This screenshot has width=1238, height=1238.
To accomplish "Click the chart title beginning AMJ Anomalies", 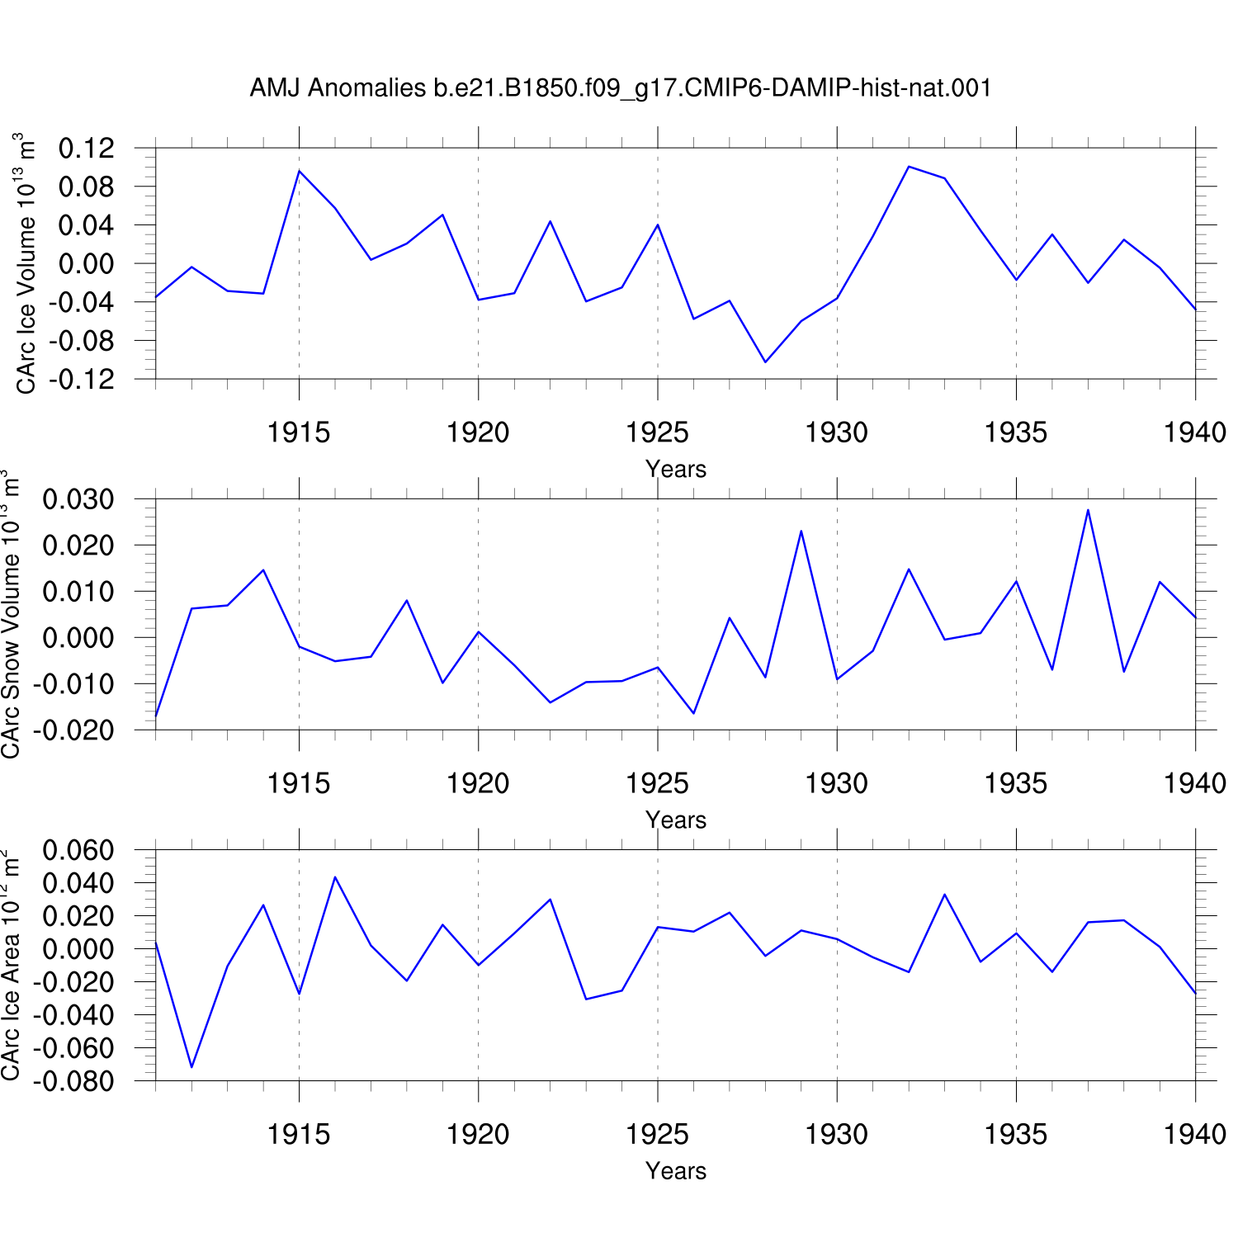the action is (621, 87).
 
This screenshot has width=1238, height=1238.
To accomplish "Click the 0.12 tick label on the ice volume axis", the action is (86, 149).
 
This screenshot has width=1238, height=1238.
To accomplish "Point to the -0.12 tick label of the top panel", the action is (81, 380).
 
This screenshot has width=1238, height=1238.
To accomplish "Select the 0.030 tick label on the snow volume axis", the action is (78, 499).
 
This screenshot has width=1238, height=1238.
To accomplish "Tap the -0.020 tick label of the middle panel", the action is (73, 730).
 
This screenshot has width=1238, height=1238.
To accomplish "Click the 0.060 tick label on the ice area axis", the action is (78, 850).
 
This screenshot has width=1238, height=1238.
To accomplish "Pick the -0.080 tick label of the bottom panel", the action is (73, 1081).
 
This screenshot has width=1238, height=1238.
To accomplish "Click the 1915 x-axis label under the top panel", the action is (299, 432).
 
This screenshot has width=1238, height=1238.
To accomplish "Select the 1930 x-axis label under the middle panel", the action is (837, 783).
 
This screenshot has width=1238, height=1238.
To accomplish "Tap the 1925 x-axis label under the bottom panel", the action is (658, 1134).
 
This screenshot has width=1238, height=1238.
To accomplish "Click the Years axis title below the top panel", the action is (676, 469).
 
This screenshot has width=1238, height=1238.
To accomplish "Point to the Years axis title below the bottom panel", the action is (676, 1170).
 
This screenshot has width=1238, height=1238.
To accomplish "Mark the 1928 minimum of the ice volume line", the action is (765, 361).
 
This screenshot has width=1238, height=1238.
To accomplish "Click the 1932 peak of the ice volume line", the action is (909, 167).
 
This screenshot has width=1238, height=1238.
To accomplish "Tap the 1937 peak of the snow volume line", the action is (1088, 510).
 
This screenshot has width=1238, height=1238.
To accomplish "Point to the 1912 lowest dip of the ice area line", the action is (191, 1067).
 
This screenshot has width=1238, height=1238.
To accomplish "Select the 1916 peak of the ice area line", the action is (335, 877).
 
